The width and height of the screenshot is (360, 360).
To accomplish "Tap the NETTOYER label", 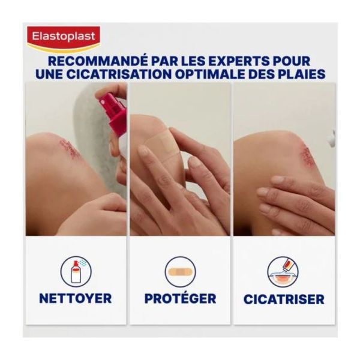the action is (76, 298).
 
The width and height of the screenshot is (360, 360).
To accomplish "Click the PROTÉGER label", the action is (181, 298).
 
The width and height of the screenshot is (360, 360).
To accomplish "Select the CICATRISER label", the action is (284, 299).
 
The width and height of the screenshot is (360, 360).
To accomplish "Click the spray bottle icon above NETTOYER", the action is (76, 272).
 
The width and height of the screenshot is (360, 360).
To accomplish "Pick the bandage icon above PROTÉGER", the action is (180, 272).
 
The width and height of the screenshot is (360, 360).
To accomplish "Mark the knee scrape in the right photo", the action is (307, 156).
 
